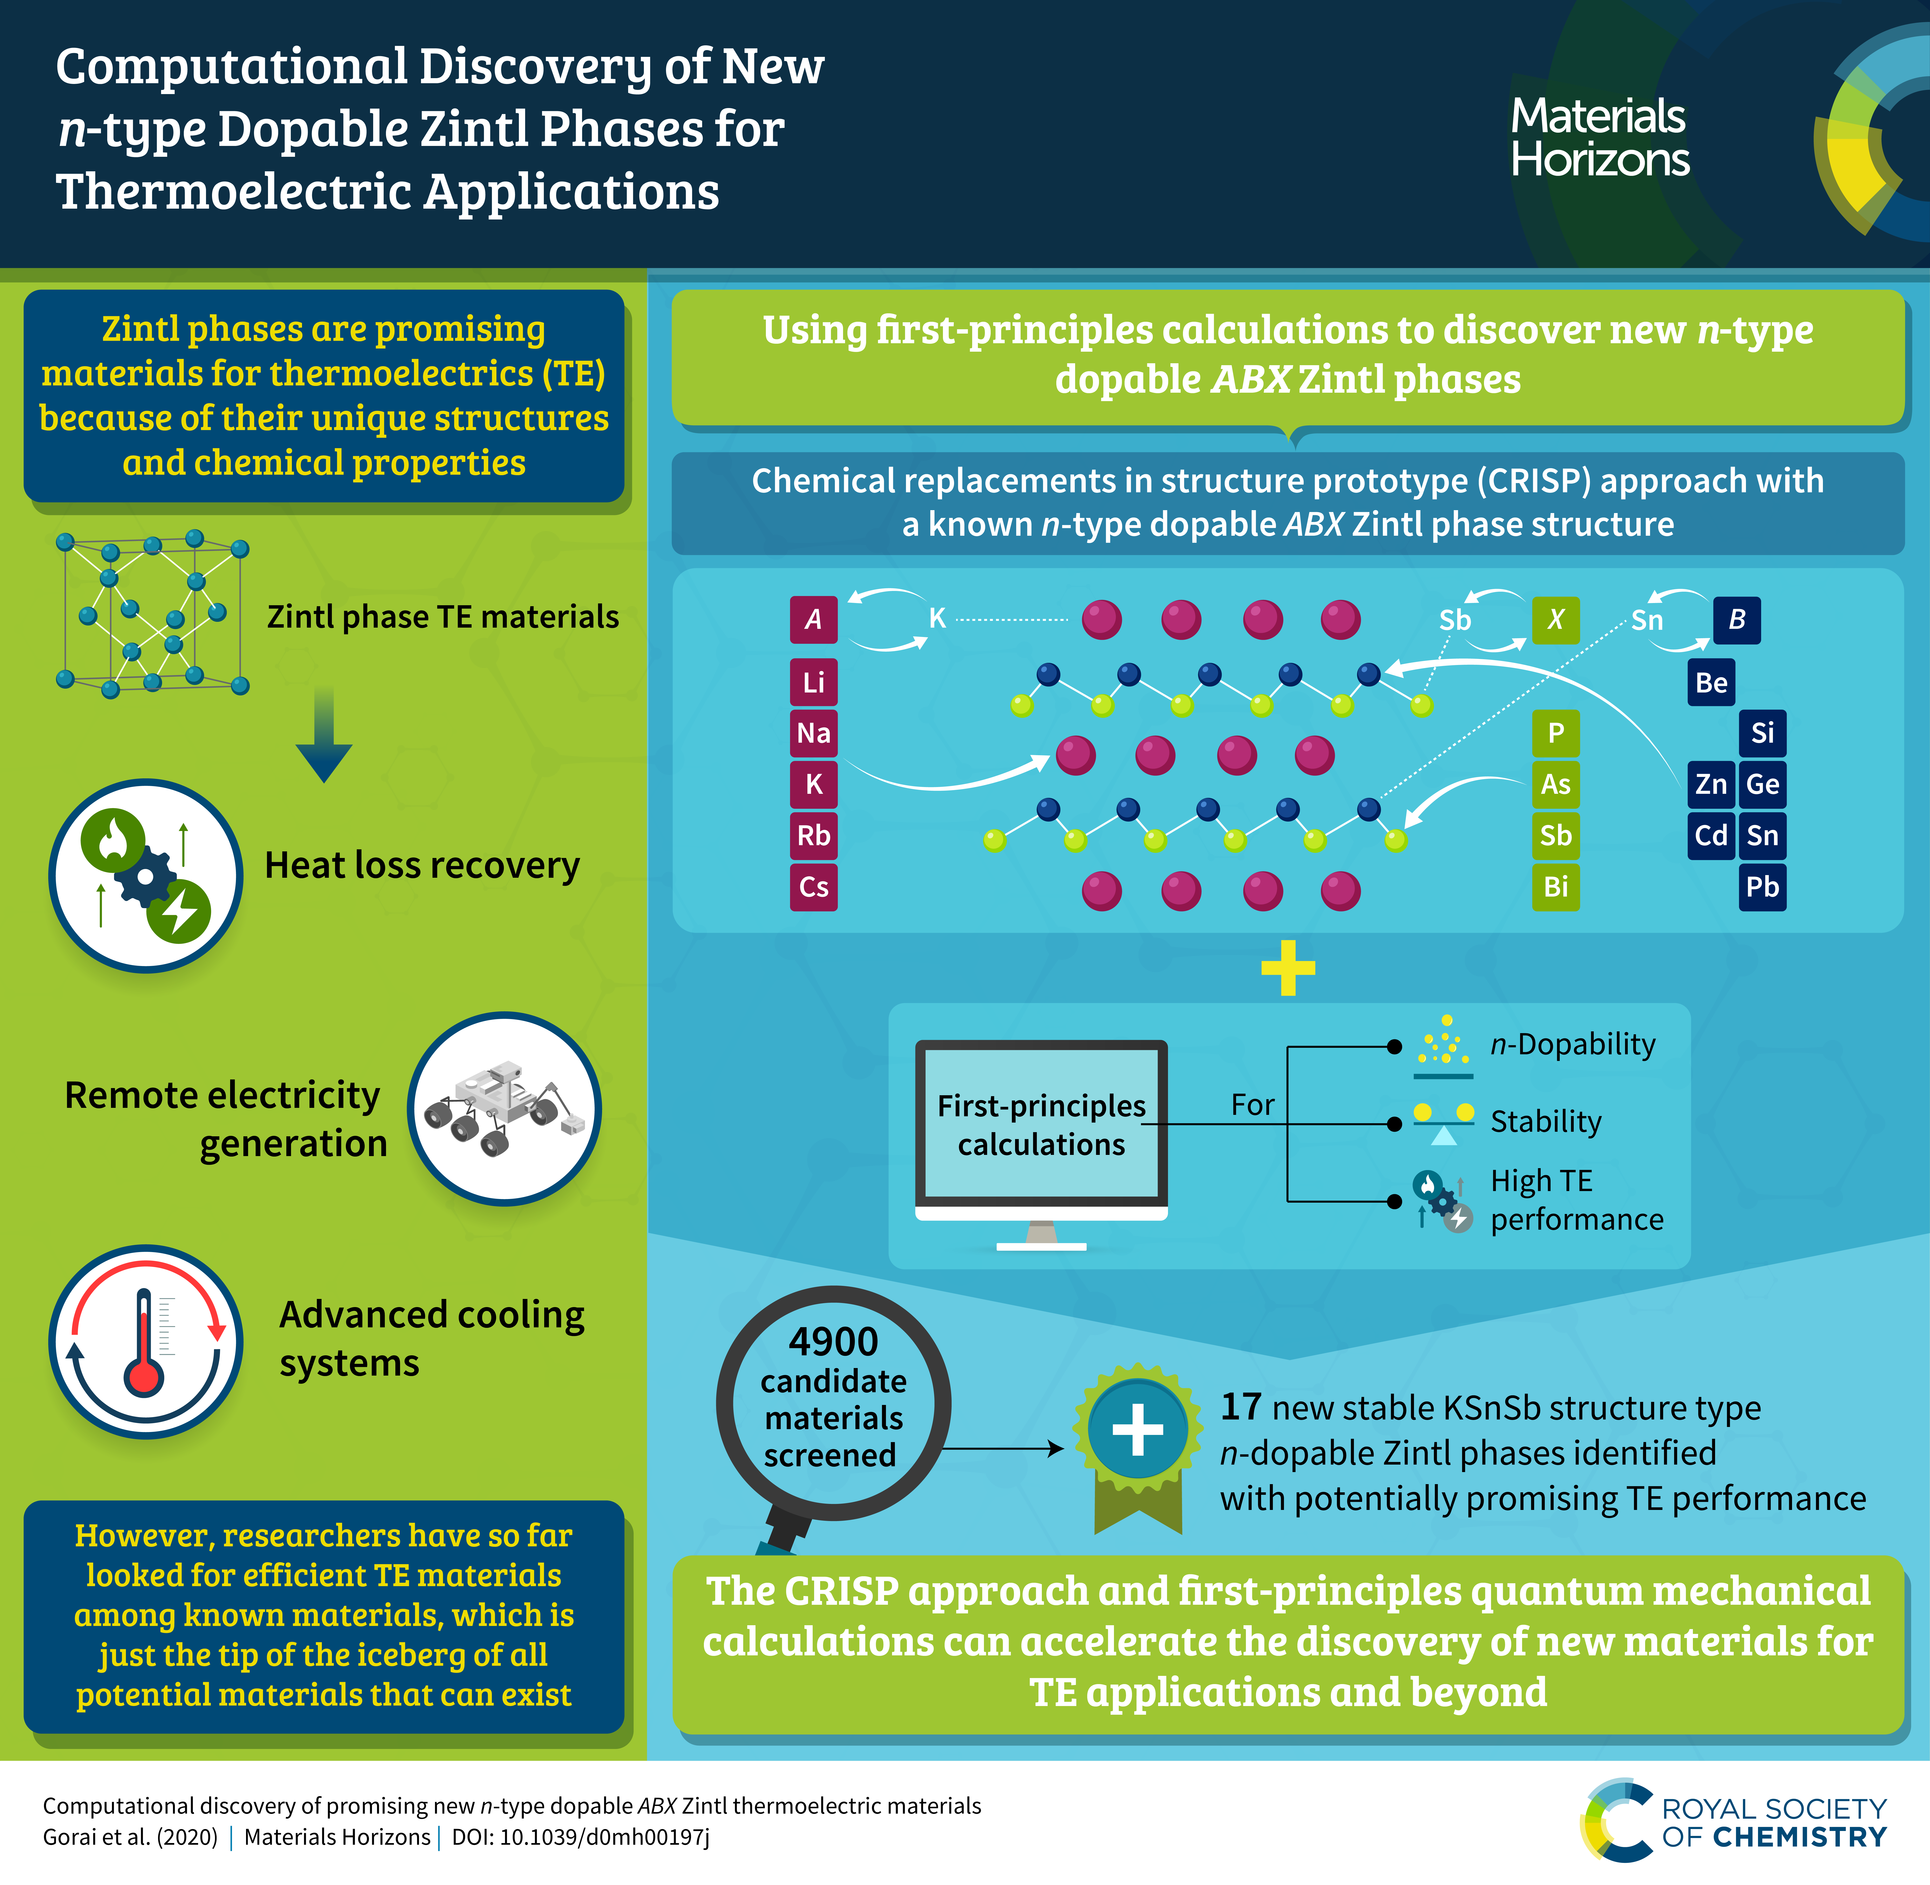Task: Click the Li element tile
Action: tap(813, 682)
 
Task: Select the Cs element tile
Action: tap(813, 886)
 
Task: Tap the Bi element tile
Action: tap(1556, 886)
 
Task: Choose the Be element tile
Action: tap(1711, 682)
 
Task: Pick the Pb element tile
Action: tap(1763, 886)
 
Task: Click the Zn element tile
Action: tap(1711, 784)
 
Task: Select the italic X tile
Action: tap(1556, 620)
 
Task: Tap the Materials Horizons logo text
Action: tap(1599, 138)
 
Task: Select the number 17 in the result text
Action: tap(1241, 1407)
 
